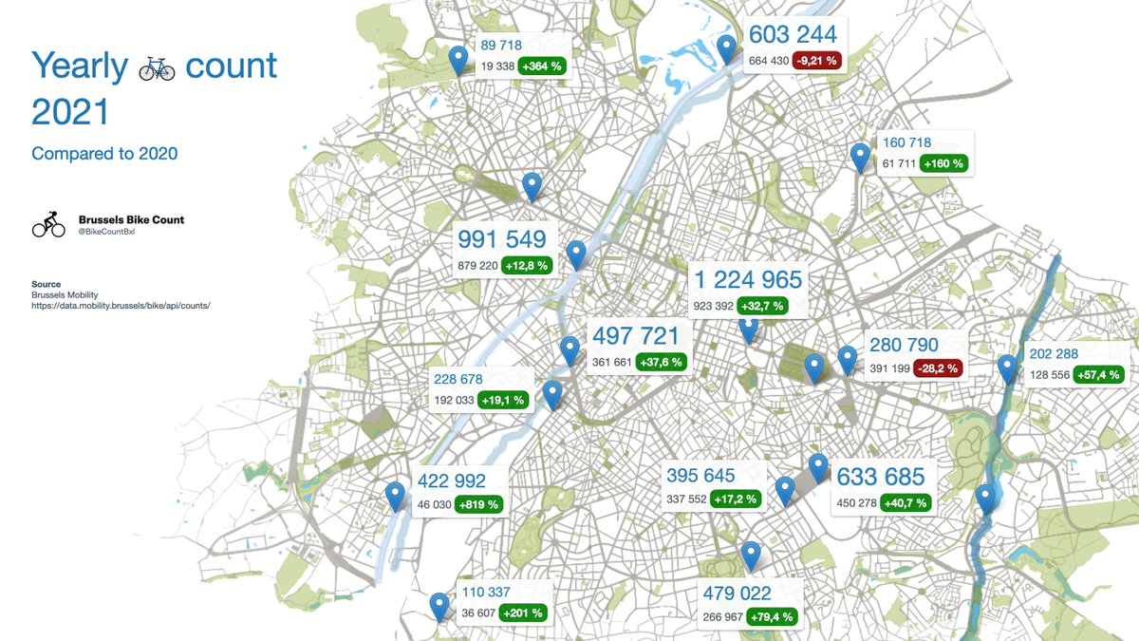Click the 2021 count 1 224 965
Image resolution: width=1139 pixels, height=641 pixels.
(x=748, y=280)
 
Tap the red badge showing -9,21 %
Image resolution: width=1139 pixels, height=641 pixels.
(x=818, y=60)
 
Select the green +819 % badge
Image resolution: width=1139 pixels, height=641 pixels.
(x=479, y=504)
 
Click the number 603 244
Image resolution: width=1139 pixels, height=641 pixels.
(x=793, y=34)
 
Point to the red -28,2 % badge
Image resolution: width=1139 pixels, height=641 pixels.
(x=938, y=368)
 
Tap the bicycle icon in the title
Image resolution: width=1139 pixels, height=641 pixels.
(x=157, y=67)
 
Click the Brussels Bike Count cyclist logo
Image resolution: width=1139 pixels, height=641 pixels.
(x=48, y=224)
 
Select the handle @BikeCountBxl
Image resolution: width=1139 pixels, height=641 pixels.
(x=107, y=231)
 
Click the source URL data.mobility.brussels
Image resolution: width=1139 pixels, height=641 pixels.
(x=121, y=306)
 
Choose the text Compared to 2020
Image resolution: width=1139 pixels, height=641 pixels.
(x=104, y=154)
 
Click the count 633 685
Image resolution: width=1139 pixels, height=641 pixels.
(x=881, y=477)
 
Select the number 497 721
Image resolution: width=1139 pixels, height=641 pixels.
(x=635, y=336)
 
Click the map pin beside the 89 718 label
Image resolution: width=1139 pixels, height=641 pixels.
(x=459, y=59)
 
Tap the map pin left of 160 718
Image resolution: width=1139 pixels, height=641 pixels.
(x=860, y=157)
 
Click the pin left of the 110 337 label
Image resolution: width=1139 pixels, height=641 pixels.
(x=439, y=606)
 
